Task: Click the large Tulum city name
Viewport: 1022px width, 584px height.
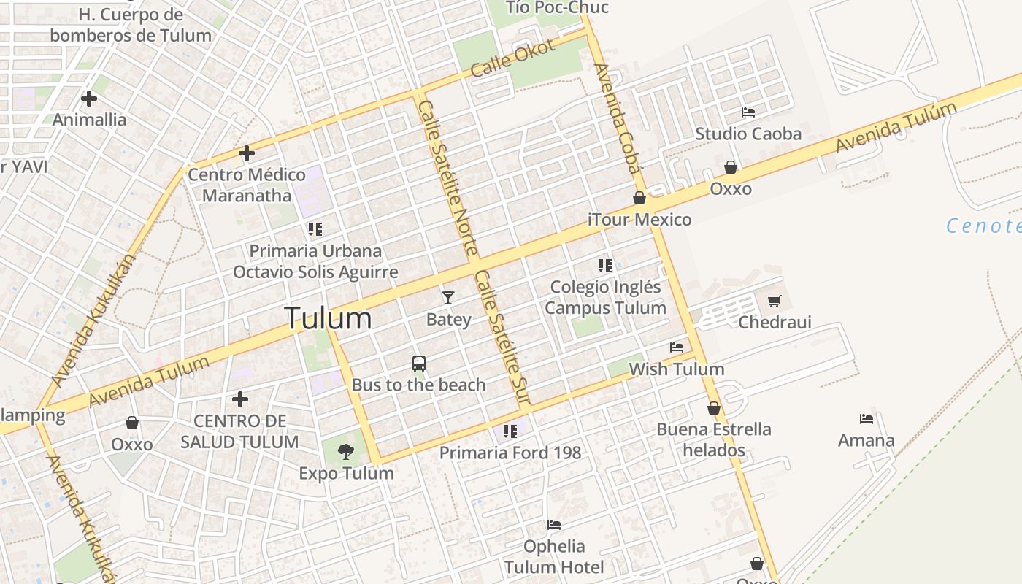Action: coord(328,319)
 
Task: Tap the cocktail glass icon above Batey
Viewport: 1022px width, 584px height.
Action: coord(448,297)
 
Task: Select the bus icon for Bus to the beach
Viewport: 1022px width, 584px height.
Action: coord(419,363)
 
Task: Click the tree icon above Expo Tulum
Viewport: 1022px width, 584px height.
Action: coord(346,452)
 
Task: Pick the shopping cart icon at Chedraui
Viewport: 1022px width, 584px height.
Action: coord(775,301)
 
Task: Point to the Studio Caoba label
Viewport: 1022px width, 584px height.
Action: coord(748,134)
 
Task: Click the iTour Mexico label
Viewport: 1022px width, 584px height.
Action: coord(639,220)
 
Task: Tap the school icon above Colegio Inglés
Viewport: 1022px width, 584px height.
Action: coord(604,265)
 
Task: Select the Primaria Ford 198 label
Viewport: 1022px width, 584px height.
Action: coord(510,453)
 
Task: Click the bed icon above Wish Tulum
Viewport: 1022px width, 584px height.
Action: coord(677,347)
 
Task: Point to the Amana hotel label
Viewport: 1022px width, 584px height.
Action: coord(867,440)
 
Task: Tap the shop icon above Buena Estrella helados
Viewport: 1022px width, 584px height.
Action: coord(714,408)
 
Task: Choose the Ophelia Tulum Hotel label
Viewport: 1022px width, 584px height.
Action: coord(554,556)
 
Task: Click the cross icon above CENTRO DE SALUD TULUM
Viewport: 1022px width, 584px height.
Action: coord(240,399)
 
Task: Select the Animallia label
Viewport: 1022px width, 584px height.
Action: coord(90,120)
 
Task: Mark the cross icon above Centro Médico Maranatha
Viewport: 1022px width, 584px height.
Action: coord(247,153)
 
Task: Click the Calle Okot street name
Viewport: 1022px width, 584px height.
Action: coord(513,58)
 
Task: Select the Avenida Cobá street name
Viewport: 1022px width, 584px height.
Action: coord(618,117)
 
